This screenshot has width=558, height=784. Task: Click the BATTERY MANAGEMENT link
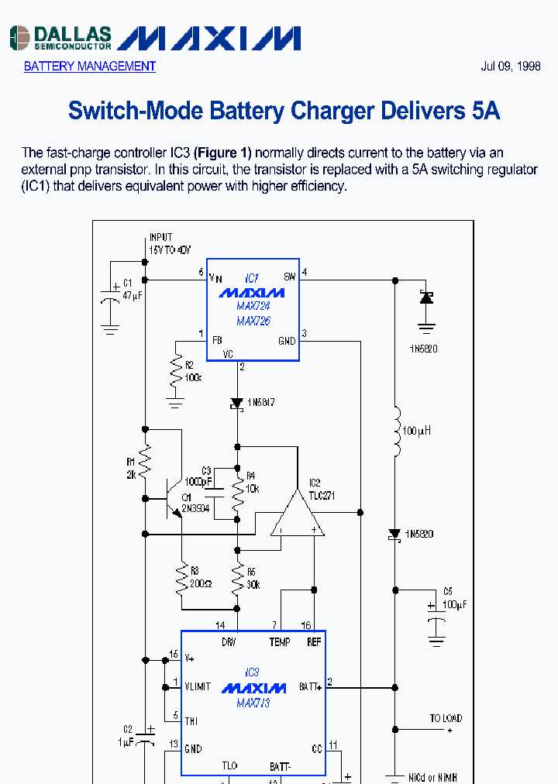(x=89, y=67)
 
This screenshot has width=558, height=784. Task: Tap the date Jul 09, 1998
(x=511, y=67)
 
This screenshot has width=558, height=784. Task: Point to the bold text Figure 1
(x=222, y=153)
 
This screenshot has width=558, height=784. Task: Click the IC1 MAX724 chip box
(x=252, y=309)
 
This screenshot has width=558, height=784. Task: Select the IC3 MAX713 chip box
(x=253, y=702)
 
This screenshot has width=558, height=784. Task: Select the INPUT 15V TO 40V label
(x=169, y=242)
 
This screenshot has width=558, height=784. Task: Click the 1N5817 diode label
(x=260, y=403)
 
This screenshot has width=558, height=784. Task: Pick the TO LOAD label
(x=446, y=719)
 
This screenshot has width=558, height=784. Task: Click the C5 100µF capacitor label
(x=455, y=598)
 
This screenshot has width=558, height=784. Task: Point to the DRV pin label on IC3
(x=229, y=642)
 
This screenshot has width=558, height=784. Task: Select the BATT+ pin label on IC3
(x=310, y=687)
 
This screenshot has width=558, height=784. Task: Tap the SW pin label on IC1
(x=290, y=277)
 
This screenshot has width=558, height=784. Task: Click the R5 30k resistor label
(x=253, y=579)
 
